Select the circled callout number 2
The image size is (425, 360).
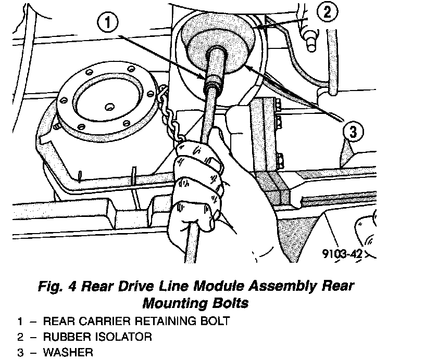pyautogui.click(x=327, y=11)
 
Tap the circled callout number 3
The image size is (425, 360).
pyautogui.click(x=353, y=132)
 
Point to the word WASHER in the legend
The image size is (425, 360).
pyautogui.click(x=68, y=352)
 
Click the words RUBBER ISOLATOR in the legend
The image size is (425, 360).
pyautogui.click(x=97, y=337)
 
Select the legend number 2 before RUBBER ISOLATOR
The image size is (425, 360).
pyautogui.click(x=20, y=337)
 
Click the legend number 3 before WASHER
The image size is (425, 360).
pyautogui.click(x=20, y=352)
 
